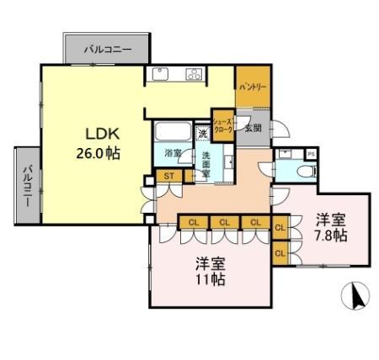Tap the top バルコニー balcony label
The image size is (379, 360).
[107, 50]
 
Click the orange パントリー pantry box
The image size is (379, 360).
[252, 87]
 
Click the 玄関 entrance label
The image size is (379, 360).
[252, 129]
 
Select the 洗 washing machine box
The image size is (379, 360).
[202, 132]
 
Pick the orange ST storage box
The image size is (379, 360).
[168, 177]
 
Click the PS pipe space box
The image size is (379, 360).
[311, 154]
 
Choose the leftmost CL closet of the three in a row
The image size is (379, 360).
[194, 223]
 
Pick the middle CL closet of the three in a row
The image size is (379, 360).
[223, 223]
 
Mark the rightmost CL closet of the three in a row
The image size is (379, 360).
[253, 223]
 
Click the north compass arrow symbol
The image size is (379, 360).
[356, 296]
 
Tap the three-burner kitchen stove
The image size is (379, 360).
[193, 75]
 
